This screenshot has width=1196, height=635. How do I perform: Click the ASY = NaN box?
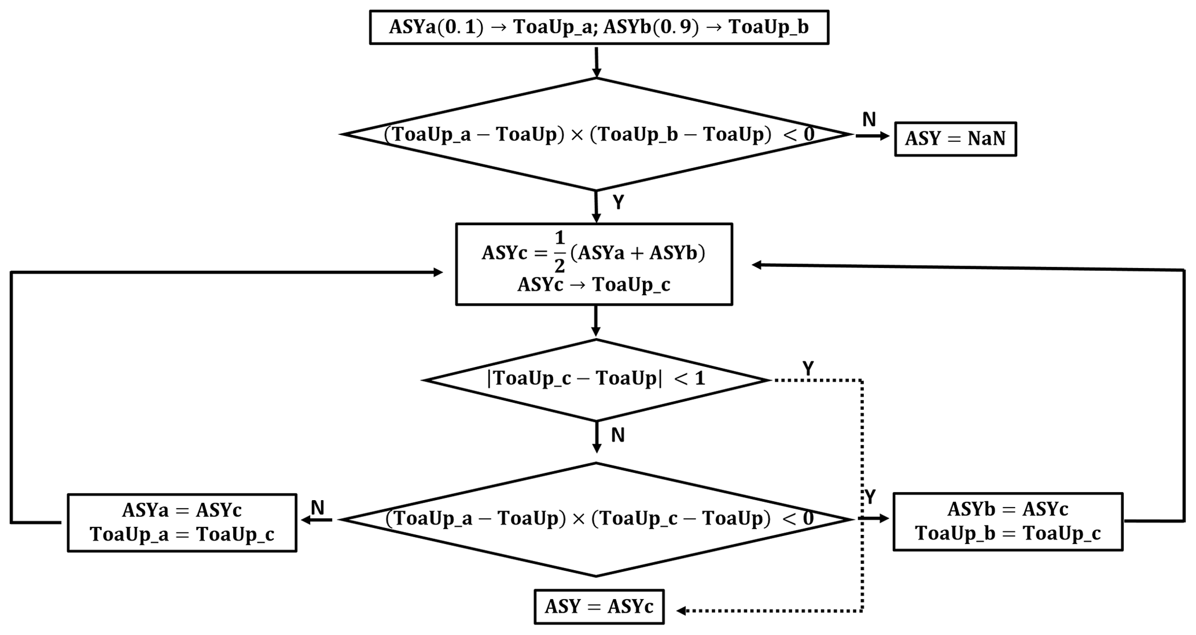pos(955,139)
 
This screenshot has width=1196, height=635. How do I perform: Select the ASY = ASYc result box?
pos(599,607)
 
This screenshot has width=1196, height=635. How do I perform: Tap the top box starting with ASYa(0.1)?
pos(599,27)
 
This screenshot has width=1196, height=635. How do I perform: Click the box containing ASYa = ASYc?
pos(182,522)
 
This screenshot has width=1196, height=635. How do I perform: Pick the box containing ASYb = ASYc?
pos(1007,522)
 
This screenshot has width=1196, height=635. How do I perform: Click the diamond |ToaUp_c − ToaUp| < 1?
pos(596,379)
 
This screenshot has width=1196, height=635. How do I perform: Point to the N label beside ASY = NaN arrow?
pos(869,120)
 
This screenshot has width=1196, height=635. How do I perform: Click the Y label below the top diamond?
pos(619,203)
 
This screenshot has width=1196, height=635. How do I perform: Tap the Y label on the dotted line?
pos(808,368)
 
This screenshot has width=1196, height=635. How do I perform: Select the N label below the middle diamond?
pos(618,435)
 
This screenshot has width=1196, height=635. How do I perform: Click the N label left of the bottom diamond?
pos(318,508)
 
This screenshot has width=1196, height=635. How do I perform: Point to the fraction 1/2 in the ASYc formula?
pos(559,252)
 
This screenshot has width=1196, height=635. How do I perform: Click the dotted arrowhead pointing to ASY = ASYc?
pos(682,611)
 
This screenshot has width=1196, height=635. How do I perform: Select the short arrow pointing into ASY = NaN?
pos(873,136)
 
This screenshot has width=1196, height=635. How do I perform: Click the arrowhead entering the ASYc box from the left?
pos(437,272)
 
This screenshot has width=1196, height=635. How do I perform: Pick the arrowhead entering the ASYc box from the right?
pos(757,265)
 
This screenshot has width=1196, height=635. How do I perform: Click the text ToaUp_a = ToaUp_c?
pos(182,534)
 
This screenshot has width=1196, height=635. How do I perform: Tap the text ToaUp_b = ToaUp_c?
pos(1007,533)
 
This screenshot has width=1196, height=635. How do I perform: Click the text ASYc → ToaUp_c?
pos(594,285)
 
